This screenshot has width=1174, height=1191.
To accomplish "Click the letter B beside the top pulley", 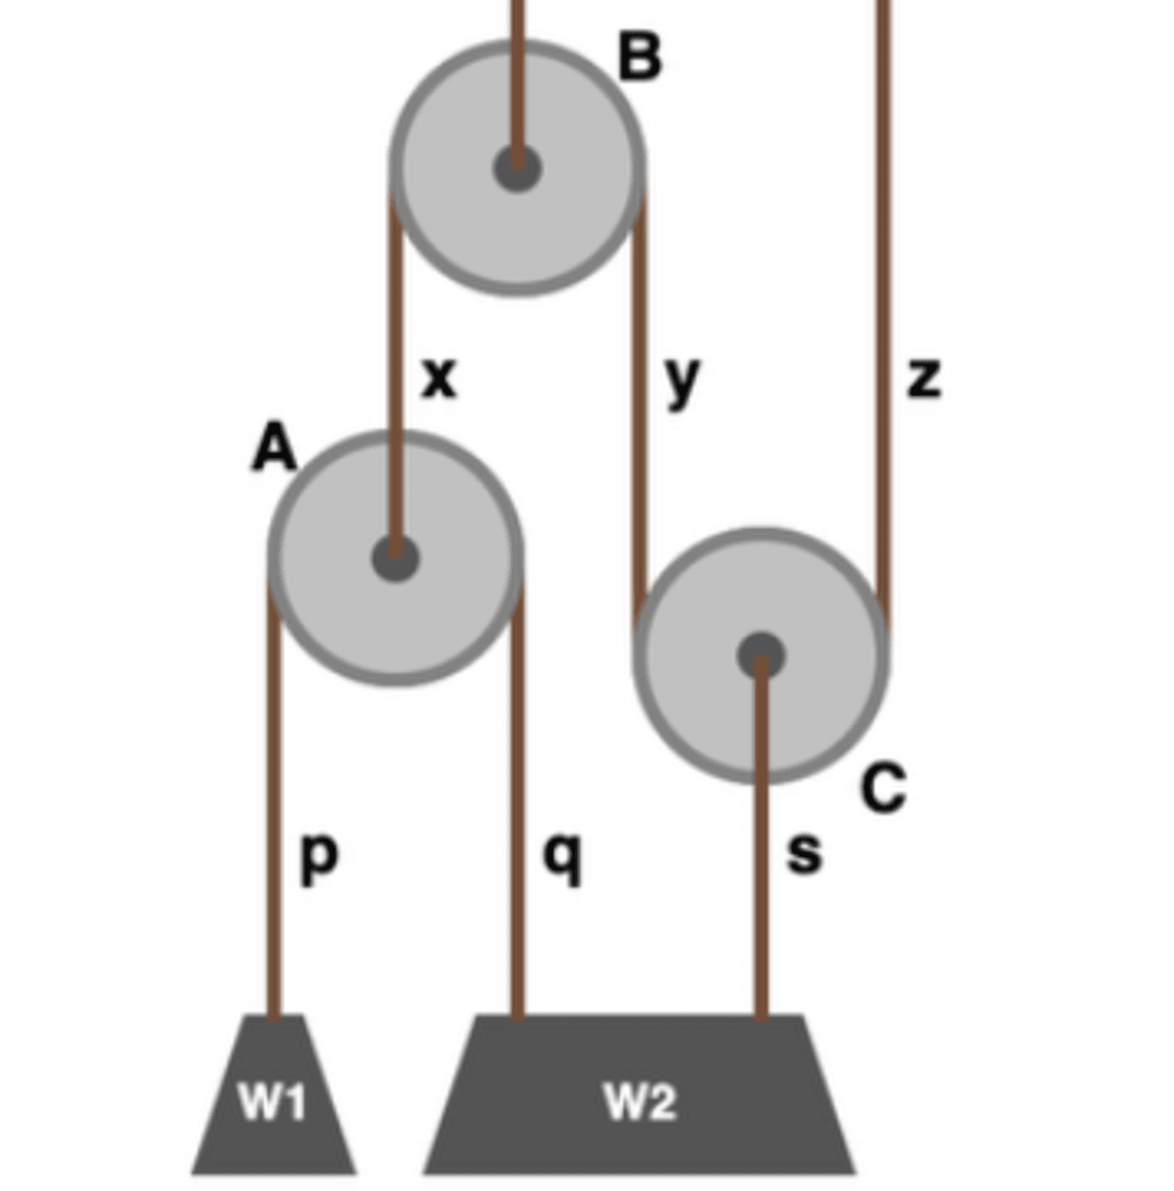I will coord(640,57).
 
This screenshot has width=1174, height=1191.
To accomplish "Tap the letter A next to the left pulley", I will coord(274,450).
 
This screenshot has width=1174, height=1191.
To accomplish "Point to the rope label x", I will coord(439,377).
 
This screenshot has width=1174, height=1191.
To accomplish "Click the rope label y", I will coord(682,380).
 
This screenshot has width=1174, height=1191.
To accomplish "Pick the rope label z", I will coord(924,377).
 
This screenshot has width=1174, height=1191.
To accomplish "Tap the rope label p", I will coord(319,859).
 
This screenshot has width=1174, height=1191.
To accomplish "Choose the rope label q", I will coord(562,859).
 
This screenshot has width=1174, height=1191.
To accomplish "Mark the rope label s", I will coord(804,854).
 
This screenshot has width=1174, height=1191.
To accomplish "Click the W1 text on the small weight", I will coord(271,1101).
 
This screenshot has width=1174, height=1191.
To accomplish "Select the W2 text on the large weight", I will coord(640,1101).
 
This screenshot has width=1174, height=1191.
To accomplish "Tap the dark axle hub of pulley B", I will coord(517,168).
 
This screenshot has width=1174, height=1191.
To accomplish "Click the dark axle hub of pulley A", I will coord(395,558).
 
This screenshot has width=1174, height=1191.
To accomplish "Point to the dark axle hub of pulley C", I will coord(761,655).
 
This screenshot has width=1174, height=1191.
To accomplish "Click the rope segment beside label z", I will coord(883,376).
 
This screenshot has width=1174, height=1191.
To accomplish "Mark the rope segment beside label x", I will coord(396,376).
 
